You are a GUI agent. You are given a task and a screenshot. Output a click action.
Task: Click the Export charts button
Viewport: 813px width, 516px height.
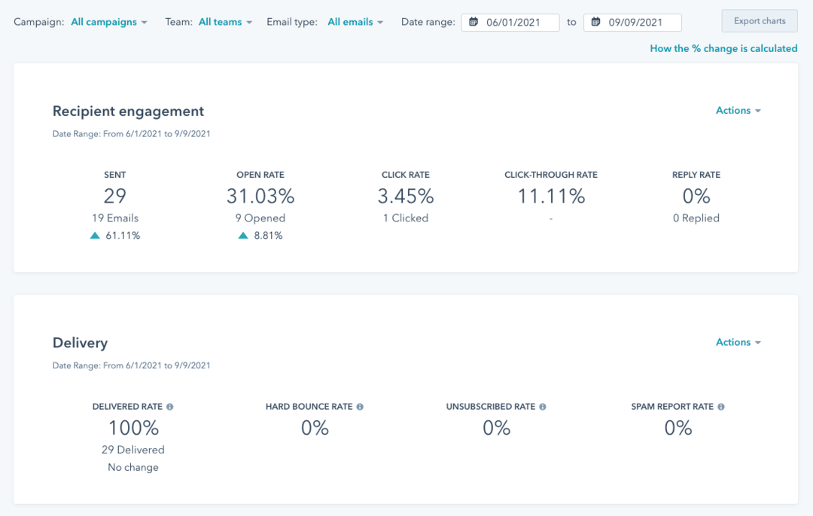[x=760, y=21]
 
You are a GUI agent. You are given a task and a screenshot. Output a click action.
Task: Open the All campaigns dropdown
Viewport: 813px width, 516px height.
[x=109, y=22]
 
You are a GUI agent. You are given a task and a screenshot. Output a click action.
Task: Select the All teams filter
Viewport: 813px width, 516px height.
[x=225, y=22]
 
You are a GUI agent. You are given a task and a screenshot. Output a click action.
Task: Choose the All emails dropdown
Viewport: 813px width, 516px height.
[x=355, y=22]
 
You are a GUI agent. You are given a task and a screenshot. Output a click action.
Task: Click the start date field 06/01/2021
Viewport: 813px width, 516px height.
[x=511, y=22]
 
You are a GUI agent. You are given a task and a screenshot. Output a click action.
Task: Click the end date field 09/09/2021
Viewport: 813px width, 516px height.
[x=633, y=22]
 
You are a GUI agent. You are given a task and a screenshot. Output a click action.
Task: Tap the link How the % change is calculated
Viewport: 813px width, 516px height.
[x=723, y=48]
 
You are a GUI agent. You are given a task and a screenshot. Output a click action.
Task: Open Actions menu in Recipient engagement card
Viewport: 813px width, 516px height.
[x=738, y=111]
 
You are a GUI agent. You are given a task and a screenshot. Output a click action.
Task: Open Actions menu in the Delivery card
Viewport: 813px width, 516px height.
[x=738, y=343]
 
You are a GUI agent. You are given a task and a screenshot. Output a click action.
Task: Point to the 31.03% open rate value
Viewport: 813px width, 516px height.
[x=260, y=197]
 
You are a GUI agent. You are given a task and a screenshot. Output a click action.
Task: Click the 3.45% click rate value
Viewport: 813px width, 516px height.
[x=406, y=197]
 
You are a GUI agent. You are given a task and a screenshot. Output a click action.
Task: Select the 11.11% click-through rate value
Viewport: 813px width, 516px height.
[x=551, y=197]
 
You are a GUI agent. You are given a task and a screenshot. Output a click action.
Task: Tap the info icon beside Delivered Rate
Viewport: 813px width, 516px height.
[x=169, y=407]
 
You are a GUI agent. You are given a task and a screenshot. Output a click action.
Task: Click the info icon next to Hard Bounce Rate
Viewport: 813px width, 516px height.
[x=360, y=407]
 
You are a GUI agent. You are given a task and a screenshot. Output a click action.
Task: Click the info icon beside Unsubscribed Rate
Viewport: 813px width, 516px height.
[x=543, y=407]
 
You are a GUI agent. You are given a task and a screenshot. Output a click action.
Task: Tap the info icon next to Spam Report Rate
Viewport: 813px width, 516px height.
[x=721, y=407]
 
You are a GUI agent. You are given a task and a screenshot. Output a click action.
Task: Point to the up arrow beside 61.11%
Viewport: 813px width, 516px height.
[x=95, y=236]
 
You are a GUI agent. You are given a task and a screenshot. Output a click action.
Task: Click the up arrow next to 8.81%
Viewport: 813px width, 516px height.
[x=243, y=236]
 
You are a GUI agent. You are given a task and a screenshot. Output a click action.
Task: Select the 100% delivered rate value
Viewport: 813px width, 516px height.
[x=133, y=429]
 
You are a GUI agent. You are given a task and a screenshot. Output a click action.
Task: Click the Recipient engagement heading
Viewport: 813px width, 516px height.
[x=128, y=111]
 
